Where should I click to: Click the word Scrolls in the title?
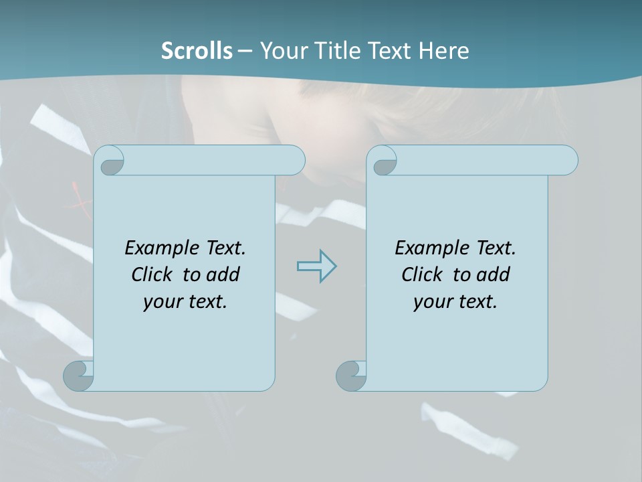[x=197, y=50]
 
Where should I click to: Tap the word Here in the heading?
[x=443, y=50]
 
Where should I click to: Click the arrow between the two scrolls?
[x=316, y=266]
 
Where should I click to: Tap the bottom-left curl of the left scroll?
[x=78, y=376]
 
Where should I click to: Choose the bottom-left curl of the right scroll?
[x=350, y=376]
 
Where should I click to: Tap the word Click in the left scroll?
[x=151, y=274]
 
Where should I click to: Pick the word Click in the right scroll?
[x=421, y=274]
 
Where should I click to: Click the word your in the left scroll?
[x=163, y=302]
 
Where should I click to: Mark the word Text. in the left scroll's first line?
[x=225, y=248]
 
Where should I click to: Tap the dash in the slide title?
[x=245, y=50]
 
